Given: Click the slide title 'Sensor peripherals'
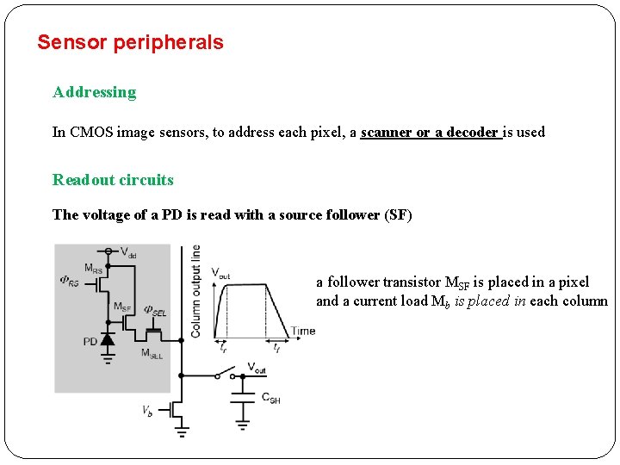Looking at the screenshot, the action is click(x=130, y=42).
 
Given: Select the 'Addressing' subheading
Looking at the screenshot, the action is click(x=94, y=92).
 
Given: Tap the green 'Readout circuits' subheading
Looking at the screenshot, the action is click(x=113, y=180).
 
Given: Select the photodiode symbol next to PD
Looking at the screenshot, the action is click(x=108, y=338).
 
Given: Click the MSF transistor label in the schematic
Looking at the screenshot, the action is click(x=121, y=307).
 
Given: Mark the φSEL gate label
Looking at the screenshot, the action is click(x=155, y=310).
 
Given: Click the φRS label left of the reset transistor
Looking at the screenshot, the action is click(x=69, y=281).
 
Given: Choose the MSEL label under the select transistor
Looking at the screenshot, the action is click(x=152, y=353).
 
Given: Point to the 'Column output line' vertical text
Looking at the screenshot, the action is click(x=195, y=290).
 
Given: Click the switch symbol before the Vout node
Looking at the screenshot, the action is click(x=229, y=374).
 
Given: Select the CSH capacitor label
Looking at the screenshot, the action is click(x=270, y=400).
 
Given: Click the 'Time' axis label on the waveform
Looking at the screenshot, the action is click(x=302, y=331).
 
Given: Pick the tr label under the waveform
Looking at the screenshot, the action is click(x=223, y=348).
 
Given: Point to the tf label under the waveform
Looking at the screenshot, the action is click(x=276, y=348).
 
